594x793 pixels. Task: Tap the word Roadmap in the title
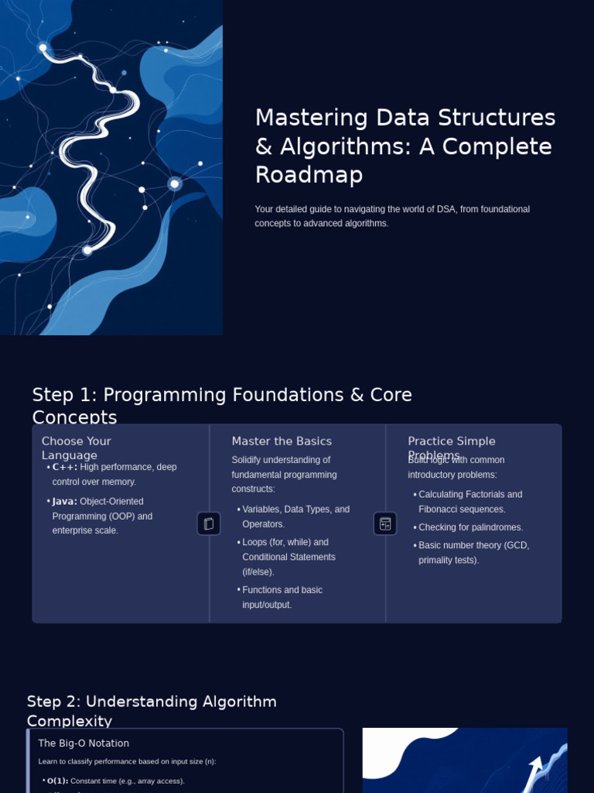pos(309,175)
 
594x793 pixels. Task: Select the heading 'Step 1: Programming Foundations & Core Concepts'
pos(222,405)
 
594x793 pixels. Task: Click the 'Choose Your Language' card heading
pos(76,448)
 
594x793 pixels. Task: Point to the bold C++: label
pos(65,467)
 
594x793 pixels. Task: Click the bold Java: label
pos(65,502)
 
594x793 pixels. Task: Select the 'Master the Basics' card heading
pos(282,441)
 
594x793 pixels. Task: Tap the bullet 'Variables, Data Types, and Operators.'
pos(295,517)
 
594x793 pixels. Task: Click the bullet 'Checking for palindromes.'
pos(470,527)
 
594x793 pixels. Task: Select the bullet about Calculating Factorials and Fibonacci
pos(469,502)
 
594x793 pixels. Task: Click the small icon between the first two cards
pos(209,524)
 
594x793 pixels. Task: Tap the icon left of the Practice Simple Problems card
pos(385,524)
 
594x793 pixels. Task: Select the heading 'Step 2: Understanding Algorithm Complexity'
pos(152,710)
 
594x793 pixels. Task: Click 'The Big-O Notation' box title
pos(84,743)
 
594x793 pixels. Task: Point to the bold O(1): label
pos(57,781)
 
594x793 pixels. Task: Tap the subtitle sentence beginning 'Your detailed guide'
pos(392,216)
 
